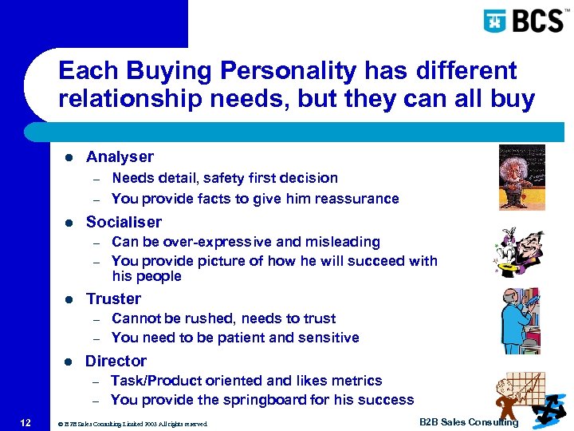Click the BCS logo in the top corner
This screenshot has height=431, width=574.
point(523,20)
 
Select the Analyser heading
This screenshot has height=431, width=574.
point(120,157)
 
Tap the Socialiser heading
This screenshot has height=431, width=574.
point(124,222)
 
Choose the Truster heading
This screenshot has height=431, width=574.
point(113,299)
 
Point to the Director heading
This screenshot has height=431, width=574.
point(116,361)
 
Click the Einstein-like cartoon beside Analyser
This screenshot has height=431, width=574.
point(521,176)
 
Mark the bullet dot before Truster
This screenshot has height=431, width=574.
point(69,299)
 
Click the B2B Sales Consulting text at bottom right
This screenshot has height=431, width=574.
point(468,422)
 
